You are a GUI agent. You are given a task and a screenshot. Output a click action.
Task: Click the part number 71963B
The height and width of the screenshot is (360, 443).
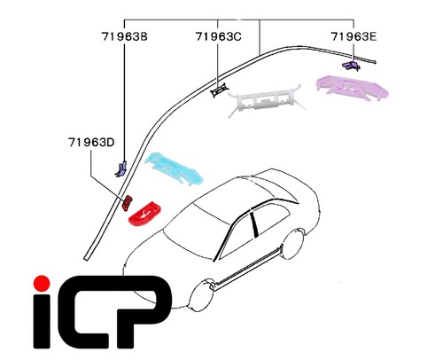(x=124, y=36)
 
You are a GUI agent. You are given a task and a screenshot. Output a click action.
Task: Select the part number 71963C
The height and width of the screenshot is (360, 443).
(x=218, y=36)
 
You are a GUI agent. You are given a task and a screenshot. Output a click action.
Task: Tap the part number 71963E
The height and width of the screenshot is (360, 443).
(x=354, y=36)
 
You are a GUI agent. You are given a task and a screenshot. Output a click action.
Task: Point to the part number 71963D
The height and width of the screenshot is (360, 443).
(x=91, y=143)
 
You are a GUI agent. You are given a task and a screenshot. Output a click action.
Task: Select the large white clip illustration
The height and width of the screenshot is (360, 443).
(x=267, y=100)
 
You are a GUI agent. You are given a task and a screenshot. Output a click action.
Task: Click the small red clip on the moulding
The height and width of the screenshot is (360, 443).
(x=128, y=203)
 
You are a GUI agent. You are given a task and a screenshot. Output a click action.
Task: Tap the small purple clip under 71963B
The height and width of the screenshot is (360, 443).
(x=121, y=169)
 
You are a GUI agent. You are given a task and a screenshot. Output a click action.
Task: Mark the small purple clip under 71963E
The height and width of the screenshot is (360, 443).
(x=351, y=66)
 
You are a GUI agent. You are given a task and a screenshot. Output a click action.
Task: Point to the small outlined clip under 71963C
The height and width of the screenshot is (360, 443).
(x=220, y=90)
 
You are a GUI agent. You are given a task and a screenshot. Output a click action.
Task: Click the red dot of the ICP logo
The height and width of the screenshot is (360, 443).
(x=42, y=284)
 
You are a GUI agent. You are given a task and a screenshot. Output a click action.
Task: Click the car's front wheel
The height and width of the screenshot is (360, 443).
(x=202, y=295)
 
